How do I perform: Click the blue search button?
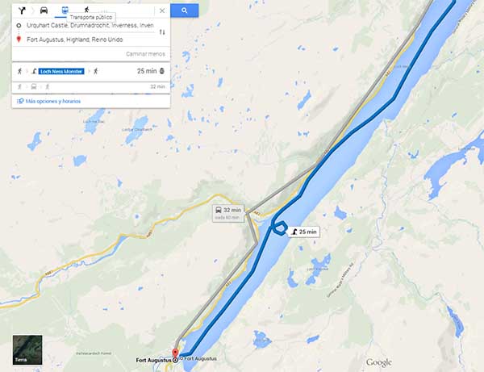click(185, 10)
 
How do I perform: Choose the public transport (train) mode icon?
click(65, 10)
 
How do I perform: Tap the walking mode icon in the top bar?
click(86, 10)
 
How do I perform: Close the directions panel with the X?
click(162, 10)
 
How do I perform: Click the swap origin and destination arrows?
click(162, 32)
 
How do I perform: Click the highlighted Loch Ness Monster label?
click(61, 71)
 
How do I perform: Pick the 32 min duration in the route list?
click(156, 86)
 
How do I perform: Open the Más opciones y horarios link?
click(53, 101)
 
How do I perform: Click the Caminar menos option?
click(145, 53)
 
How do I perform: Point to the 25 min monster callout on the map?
click(304, 232)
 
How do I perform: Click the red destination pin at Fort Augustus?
click(176, 353)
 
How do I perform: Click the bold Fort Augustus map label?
click(152, 359)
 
